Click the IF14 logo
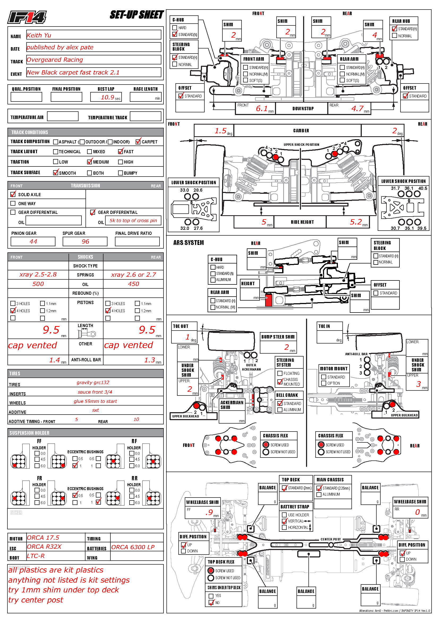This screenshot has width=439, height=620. pyautogui.click(x=27, y=17)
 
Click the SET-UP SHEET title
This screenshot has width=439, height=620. pyautogui.click(x=136, y=15)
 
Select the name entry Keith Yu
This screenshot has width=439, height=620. pyautogui.click(x=39, y=35)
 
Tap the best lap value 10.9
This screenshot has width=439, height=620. pyautogui.click(x=107, y=97)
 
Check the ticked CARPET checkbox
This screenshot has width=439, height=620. pyautogui.click(x=138, y=142)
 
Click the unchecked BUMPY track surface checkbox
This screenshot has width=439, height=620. pyautogui.click(x=120, y=173)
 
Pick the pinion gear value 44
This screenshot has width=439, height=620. pyautogui.click(x=33, y=241)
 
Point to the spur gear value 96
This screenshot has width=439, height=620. pyautogui.click(x=85, y=241)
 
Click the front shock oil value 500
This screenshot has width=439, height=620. pyautogui.click(x=38, y=284)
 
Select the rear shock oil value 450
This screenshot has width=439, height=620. pyautogui.click(x=134, y=284)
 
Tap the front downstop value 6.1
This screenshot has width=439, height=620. pyautogui.click(x=262, y=109)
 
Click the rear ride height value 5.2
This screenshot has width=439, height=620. pyautogui.click(x=356, y=222)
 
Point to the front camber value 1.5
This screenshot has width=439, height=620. pyautogui.click(x=220, y=131)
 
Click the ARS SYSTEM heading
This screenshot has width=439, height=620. pyautogui.click(x=188, y=243)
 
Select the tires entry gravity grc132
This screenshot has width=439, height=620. pyautogui.click(x=93, y=382)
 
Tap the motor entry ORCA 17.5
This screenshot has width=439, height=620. pyautogui.click(x=43, y=538)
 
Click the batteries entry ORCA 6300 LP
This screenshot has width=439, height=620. pyautogui.click(x=133, y=547)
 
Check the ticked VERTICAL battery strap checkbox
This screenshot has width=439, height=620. pyautogui.click(x=284, y=521)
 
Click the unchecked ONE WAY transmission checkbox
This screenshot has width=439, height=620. pyautogui.click(x=13, y=203)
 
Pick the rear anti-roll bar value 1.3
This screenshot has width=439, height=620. pyautogui.click(x=149, y=360)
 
